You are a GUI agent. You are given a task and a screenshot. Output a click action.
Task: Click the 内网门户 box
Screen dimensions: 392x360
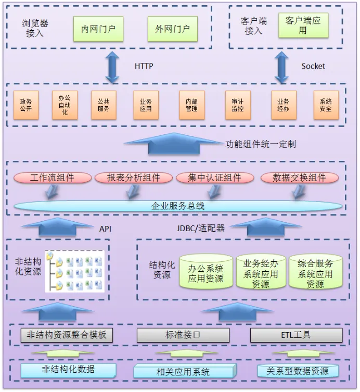pos(98,29)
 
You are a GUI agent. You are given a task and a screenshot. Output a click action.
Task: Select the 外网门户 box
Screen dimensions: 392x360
pos(172,29)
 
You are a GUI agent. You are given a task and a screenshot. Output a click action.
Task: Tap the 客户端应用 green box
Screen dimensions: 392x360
pos(303,26)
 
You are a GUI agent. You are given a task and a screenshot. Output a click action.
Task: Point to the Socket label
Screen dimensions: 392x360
pos(313,66)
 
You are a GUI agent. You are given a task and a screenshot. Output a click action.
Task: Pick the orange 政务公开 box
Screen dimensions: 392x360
pos(26,106)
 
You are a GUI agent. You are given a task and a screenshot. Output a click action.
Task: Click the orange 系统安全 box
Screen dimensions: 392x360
pos(326,106)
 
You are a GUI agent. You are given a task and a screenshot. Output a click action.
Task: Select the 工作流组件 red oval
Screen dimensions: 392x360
pos(53,178)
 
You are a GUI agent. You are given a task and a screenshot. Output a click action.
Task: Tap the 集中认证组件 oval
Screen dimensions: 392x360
pos(215,178)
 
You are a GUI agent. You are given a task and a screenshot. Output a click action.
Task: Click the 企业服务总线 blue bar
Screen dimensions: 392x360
pos(178,206)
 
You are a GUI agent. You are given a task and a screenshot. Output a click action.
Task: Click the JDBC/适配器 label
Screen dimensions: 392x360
pos(200,228)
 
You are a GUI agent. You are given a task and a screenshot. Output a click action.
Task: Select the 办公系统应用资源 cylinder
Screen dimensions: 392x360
pos(205,272)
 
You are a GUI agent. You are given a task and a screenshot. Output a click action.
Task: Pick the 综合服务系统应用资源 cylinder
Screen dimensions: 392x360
pos(315,272)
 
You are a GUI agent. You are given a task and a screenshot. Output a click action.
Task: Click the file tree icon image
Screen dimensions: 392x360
pos(75,271)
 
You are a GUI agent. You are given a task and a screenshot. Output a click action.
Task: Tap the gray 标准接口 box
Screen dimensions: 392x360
pos(183,335)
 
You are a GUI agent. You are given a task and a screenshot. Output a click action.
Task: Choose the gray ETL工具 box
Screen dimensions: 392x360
pos(296,335)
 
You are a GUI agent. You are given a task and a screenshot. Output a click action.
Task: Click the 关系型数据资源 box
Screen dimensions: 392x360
pos(298,371)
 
